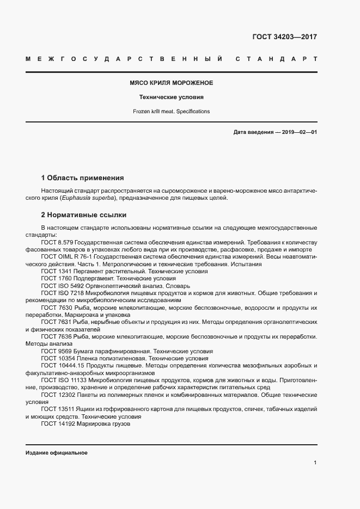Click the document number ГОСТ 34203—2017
[x=284, y=38]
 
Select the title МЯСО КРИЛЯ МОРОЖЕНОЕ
[x=171, y=83]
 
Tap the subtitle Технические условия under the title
[x=171, y=97]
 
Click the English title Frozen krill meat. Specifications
[x=171, y=112]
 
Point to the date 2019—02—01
[x=299, y=132]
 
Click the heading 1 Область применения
[x=82, y=178]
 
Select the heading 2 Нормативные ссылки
[x=83, y=215]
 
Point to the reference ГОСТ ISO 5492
[x=62, y=286]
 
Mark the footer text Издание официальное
[x=56, y=453]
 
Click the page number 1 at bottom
[x=315, y=463]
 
